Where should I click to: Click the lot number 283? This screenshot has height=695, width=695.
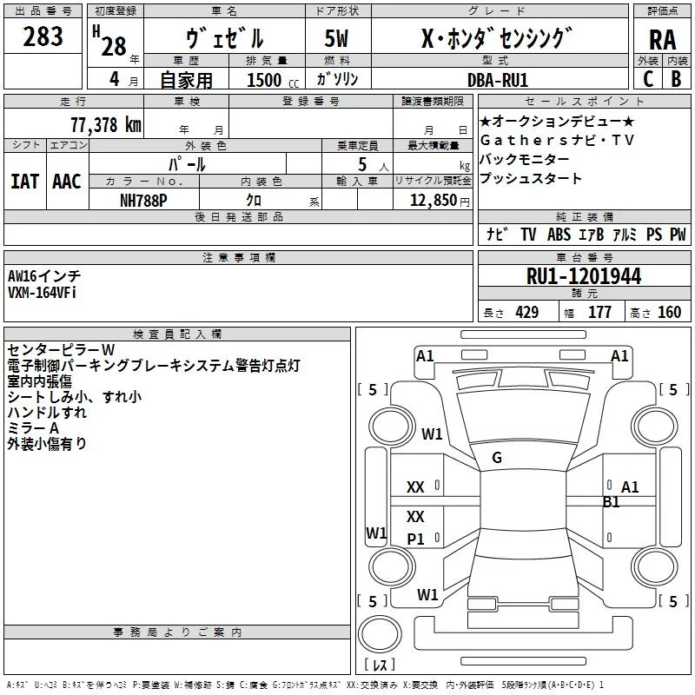click(43, 37)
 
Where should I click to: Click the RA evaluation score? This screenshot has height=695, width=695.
click(662, 39)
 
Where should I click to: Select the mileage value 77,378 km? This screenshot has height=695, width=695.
click(105, 125)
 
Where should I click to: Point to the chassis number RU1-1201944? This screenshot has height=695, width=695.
click(584, 277)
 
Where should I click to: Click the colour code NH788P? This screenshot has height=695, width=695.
click(144, 200)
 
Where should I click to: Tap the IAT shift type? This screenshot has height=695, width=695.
click(24, 181)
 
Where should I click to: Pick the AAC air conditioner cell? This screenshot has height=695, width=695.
click(67, 181)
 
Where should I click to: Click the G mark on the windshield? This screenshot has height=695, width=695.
click(497, 458)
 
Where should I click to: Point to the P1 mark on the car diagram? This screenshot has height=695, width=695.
click(416, 539)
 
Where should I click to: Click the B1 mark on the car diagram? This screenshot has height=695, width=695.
click(612, 501)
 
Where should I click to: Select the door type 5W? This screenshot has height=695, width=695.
click(336, 39)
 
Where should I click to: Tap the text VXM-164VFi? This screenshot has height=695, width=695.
click(43, 293)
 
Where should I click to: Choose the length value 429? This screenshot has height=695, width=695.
click(526, 313)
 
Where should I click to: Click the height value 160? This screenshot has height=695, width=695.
click(669, 313)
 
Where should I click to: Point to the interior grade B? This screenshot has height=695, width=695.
click(676, 79)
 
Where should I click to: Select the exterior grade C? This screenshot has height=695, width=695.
click(647, 79)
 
